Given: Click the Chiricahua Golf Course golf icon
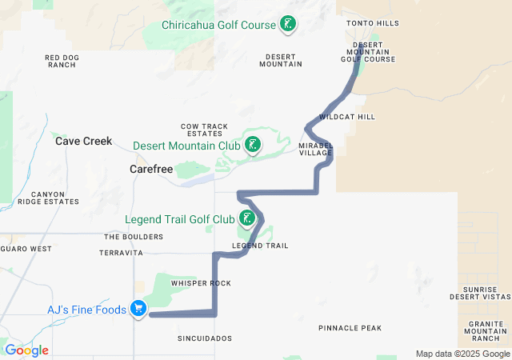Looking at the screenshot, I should point(287,25).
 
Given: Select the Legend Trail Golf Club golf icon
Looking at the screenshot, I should point(248,218).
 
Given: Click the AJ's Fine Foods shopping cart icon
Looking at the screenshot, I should point(139,308).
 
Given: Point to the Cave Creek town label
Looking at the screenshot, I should point(84,141).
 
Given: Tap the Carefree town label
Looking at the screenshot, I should point(151,170).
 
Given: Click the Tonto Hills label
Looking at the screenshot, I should point(372,24).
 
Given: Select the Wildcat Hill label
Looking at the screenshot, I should point(347,117).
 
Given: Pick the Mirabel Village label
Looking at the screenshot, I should point(315,150).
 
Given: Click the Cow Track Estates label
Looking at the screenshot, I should point(205,130).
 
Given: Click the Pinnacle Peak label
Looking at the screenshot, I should point(350,328).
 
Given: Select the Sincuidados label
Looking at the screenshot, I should point(205,338).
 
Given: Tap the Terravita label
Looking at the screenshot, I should point(121,253).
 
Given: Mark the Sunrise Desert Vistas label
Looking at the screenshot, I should point(487,292).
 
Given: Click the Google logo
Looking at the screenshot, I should point(26,350).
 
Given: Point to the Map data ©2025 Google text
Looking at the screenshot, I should point(462,354).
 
